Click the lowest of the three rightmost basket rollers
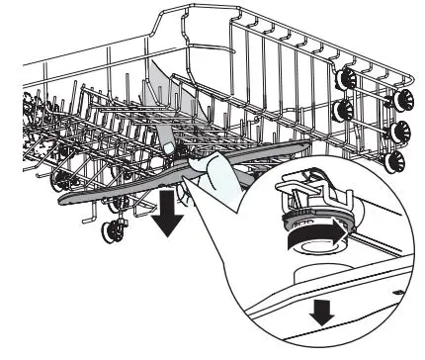pos(401,160)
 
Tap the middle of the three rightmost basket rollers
pos(402,130)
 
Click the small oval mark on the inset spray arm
pos(396,294)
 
